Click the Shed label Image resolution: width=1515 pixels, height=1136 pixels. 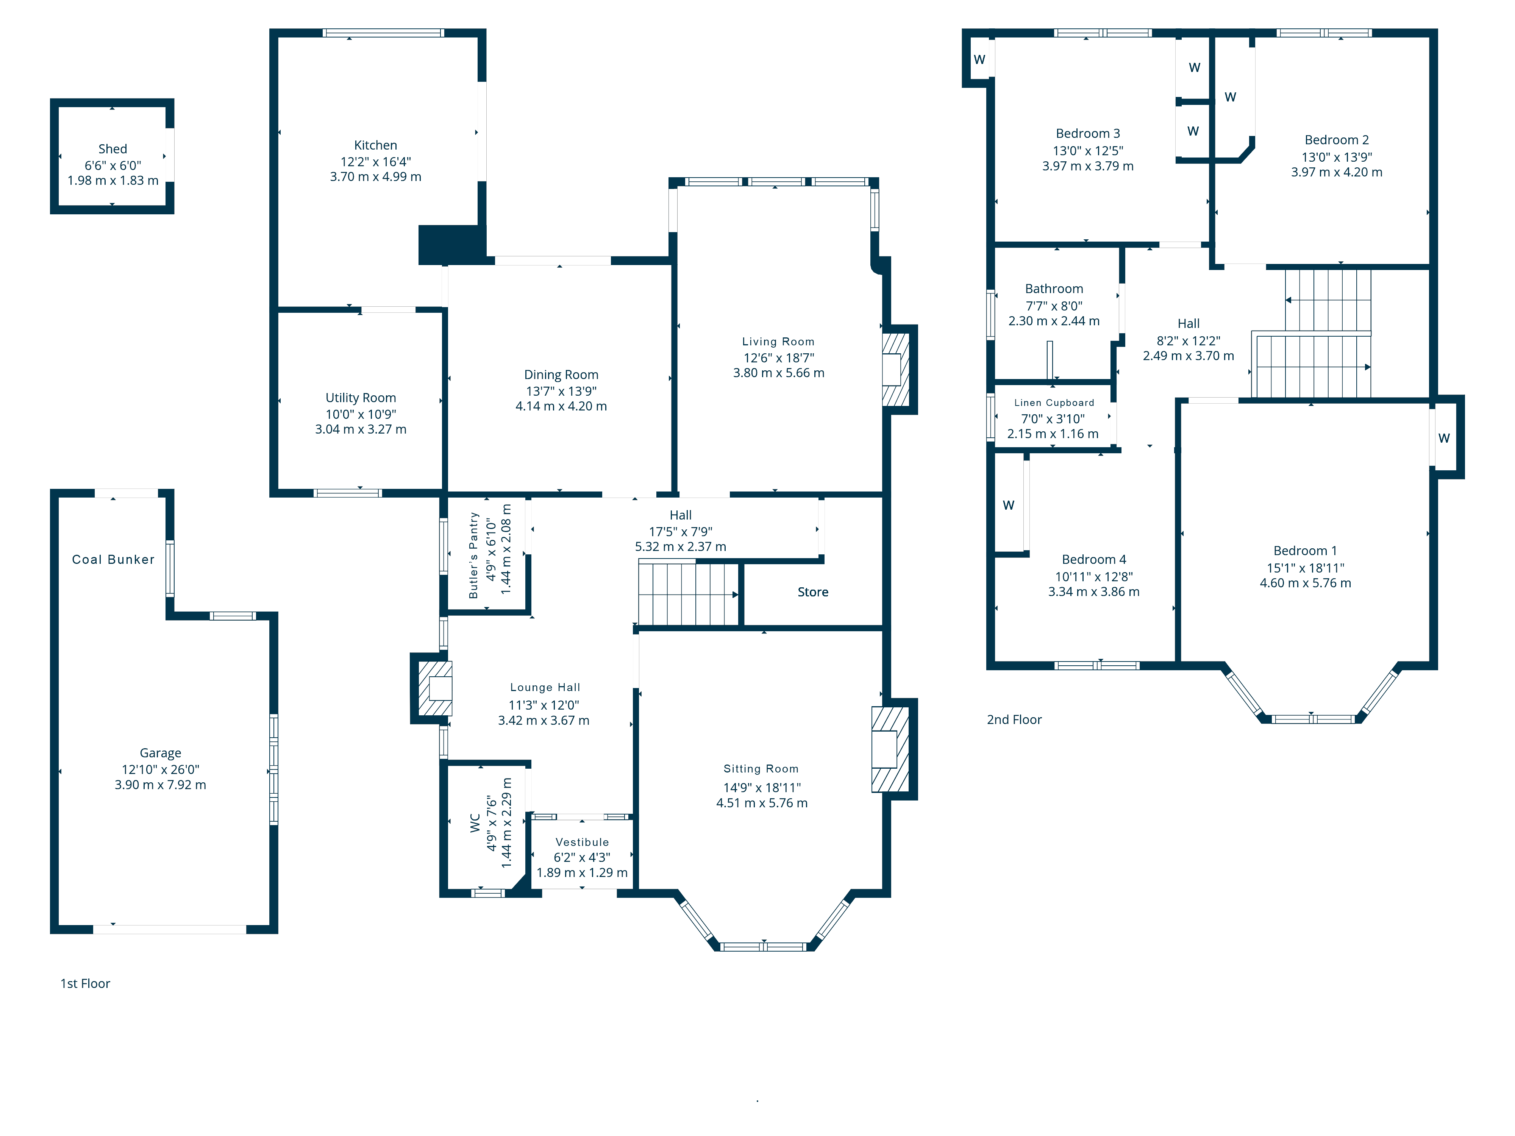tap(112, 148)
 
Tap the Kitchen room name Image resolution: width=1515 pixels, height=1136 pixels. tap(375, 145)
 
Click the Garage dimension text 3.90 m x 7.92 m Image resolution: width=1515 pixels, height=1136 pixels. tap(160, 785)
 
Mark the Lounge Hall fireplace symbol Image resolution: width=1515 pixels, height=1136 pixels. tap(435, 688)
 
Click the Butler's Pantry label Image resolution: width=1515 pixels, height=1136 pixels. tap(473, 556)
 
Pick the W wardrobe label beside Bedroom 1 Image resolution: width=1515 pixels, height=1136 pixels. tap(1444, 438)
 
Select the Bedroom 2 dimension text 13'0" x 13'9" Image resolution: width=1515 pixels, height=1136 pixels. tap(1337, 157)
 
